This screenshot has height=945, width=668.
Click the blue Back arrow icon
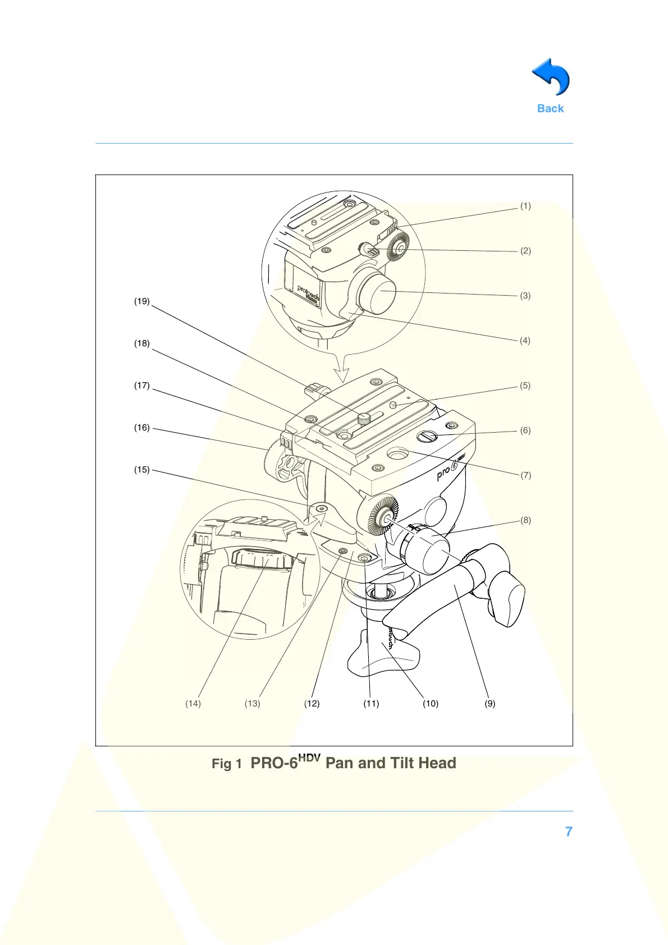[x=551, y=77]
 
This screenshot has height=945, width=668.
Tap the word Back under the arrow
[x=550, y=109]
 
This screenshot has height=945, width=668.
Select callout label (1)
[x=525, y=206]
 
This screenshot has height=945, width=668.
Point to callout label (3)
[x=525, y=296]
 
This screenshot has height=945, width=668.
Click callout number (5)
[x=525, y=386]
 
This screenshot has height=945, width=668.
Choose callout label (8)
[x=525, y=520]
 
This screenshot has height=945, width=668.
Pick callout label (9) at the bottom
[x=490, y=704]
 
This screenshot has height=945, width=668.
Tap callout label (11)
[x=371, y=704]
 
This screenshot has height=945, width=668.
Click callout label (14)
[x=193, y=704]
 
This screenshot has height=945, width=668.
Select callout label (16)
[x=141, y=428]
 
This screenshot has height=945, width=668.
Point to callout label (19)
[x=141, y=301]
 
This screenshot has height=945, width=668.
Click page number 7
[x=569, y=832]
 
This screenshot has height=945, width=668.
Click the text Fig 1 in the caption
[x=226, y=764]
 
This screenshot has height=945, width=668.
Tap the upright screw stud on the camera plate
[x=365, y=418]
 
